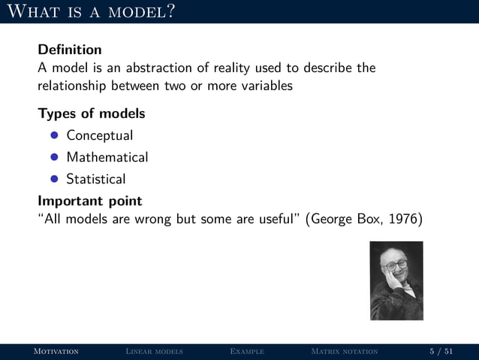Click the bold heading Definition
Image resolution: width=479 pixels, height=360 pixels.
[x=70, y=50]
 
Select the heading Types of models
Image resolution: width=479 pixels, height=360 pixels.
[x=92, y=114]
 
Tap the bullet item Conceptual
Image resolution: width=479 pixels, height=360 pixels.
[x=100, y=136]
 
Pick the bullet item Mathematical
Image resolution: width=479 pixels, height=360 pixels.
[x=107, y=158]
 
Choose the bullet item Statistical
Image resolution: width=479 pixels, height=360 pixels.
[x=96, y=180]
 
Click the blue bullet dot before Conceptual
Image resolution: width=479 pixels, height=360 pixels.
[x=54, y=136]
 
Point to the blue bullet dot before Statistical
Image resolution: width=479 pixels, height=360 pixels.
[x=54, y=180]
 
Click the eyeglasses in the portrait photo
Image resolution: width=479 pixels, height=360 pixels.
[x=396, y=265]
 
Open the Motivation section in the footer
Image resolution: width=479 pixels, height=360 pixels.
[x=53, y=352]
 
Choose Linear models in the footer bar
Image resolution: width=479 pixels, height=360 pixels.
[x=154, y=352]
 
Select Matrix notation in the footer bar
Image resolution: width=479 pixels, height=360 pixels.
[x=344, y=352]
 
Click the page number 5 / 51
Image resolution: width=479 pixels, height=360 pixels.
[x=441, y=352]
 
